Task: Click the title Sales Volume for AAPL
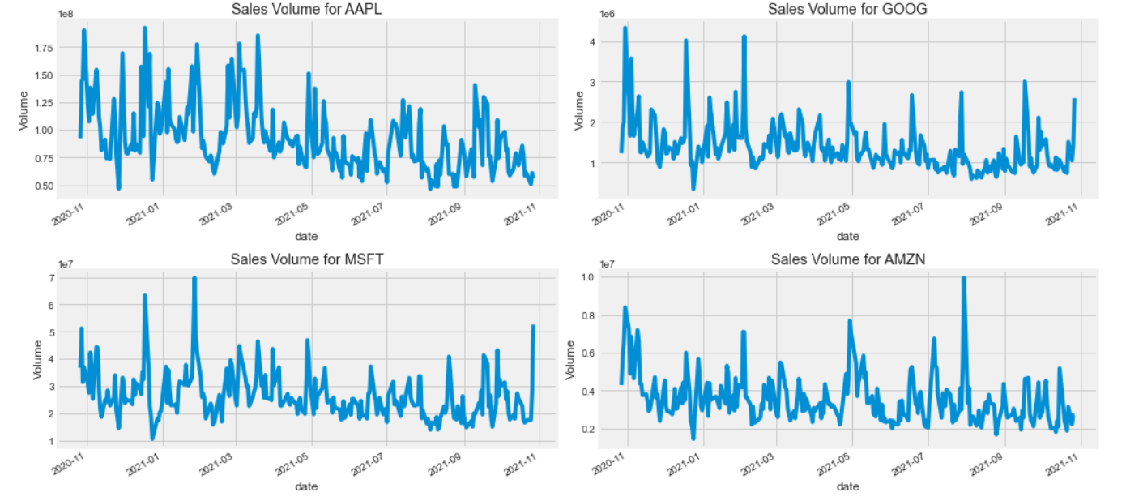point(306,10)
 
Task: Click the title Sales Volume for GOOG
point(847,10)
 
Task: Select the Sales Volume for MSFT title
point(306,259)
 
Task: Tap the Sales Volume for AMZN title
point(847,259)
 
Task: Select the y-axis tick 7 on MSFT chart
point(51,278)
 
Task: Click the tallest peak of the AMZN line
point(964,278)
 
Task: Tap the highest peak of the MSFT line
point(194,278)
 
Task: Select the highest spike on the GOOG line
point(625,28)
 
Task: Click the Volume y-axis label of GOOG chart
point(578,110)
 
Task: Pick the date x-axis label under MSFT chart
point(306,486)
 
